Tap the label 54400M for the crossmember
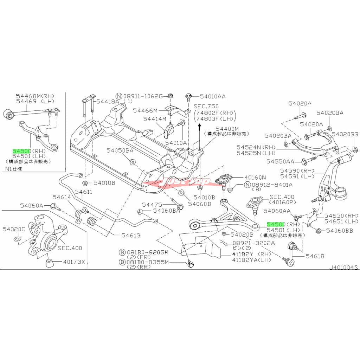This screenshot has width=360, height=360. [x=227, y=129]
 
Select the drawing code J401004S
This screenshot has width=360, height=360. [x=343, y=268]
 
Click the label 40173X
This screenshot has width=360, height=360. [x=74, y=262]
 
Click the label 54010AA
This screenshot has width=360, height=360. [x=213, y=96]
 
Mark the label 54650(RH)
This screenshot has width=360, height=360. [x=341, y=216]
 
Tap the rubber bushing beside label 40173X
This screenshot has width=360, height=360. [x=49, y=263]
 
